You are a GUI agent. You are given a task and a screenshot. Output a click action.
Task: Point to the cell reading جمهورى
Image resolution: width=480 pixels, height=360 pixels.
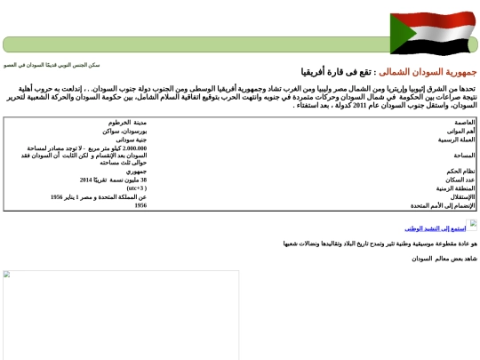(135, 171)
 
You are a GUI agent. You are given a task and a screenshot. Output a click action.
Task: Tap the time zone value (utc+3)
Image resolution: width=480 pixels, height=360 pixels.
(136, 188)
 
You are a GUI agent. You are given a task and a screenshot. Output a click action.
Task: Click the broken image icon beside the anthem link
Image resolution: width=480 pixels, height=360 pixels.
(473, 225)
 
